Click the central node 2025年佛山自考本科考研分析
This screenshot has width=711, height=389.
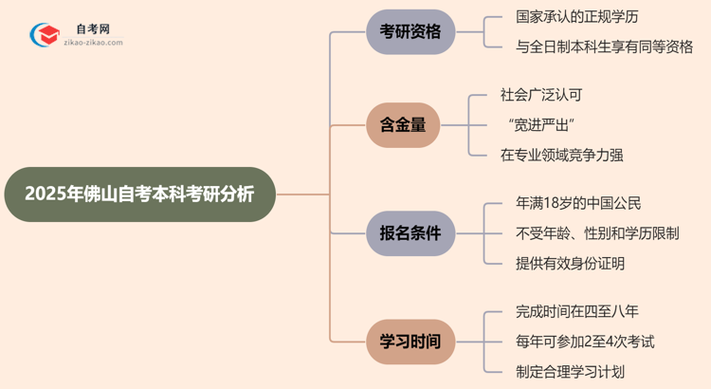pos(139,194)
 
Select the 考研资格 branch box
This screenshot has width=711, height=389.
pos(410,31)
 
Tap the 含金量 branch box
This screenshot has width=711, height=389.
pos(403,124)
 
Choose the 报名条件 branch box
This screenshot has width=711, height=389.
pos(410,232)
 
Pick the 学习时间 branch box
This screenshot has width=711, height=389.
pos(410,341)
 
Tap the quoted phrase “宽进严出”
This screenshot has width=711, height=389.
pos(542,124)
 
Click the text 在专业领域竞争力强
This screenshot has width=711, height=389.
pos(561,154)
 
